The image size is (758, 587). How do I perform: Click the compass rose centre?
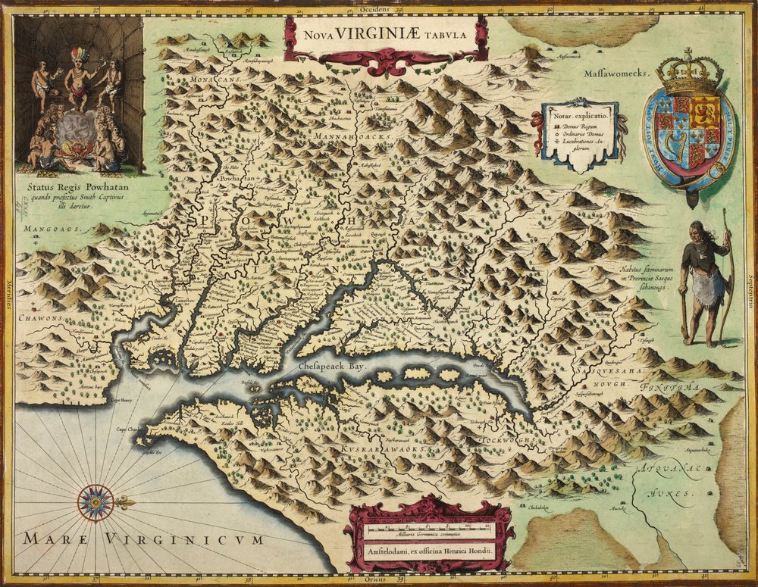96,502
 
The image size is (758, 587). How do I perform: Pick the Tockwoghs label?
509,439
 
